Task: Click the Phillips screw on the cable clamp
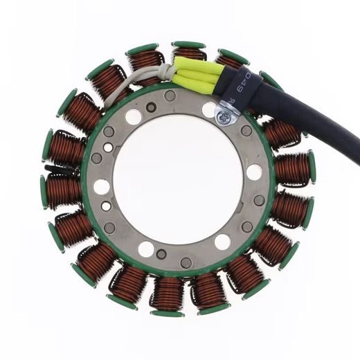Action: (x=223, y=118)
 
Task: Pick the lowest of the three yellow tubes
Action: (x=201, y=87)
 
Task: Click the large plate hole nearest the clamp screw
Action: (x=208, y=109)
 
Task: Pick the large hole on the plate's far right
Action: (x=254, y=172)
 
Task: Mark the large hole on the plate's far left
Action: (x=102, y=186)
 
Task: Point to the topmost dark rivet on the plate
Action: (x=170, y=96)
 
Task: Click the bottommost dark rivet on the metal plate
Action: (x=186, y=262)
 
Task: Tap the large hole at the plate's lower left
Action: (x=145, y=249)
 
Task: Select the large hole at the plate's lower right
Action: (x=222, y=242)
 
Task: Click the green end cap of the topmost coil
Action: (x=188, y=45)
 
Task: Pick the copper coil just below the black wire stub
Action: (x=64, y=189)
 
